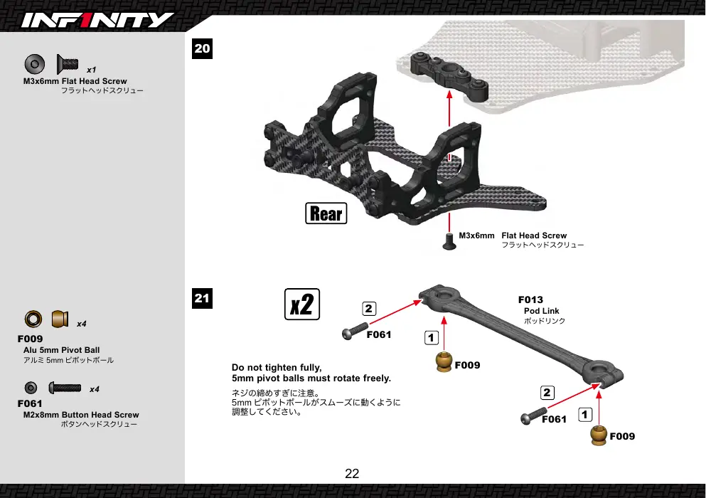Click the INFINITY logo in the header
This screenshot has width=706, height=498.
tap(97, 21)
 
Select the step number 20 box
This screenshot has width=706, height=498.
tap(202, 48)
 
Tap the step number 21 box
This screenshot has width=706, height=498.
tap(202, 298)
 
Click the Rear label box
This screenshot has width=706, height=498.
tap(326, 213)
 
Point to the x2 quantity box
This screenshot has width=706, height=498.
tap(302, 304)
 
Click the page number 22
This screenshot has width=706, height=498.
tap(352, 474)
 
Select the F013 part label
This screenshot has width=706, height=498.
tap(530, 300)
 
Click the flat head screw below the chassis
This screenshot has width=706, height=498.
tap(449, 241)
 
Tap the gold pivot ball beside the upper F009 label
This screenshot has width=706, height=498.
tap(444, 362)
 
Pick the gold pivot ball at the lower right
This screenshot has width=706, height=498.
tap(599, 435)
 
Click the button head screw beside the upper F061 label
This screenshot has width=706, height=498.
tap(355, 332)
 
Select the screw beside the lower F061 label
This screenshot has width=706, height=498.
tap(533, 416)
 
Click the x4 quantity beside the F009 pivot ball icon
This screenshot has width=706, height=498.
tap(82, 324)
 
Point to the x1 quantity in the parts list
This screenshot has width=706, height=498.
tap(92, 70)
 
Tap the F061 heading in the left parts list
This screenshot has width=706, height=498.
tap(30, 404)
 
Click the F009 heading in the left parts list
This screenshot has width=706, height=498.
tap(30, 339)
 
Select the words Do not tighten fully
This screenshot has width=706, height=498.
tap(277, 368)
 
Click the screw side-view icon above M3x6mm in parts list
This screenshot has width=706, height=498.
tap(68, 64)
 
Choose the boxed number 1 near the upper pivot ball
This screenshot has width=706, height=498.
tap(432, 337)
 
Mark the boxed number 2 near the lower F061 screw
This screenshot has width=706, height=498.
tap(547, 393)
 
